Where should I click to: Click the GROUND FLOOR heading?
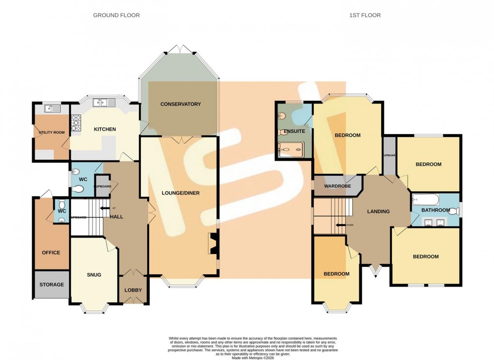click(x=116, y=15)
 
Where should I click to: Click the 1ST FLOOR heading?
click(x=365, y=15)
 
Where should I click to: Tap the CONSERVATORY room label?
click(x=180, y=104)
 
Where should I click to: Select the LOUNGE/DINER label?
click(x=180, y=193)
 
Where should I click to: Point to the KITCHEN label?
click(x=105, y=129)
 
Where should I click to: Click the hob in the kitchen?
click(x=77, y=124)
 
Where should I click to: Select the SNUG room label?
click(x=94, y=275)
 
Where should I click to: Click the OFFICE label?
click(x=51, y=253)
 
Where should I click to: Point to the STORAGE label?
click(x=51, y=285)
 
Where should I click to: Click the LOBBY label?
click(x=133, y=290)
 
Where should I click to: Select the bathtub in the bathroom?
click(x=426, y=199)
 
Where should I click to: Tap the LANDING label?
click(x=378, y=211)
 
